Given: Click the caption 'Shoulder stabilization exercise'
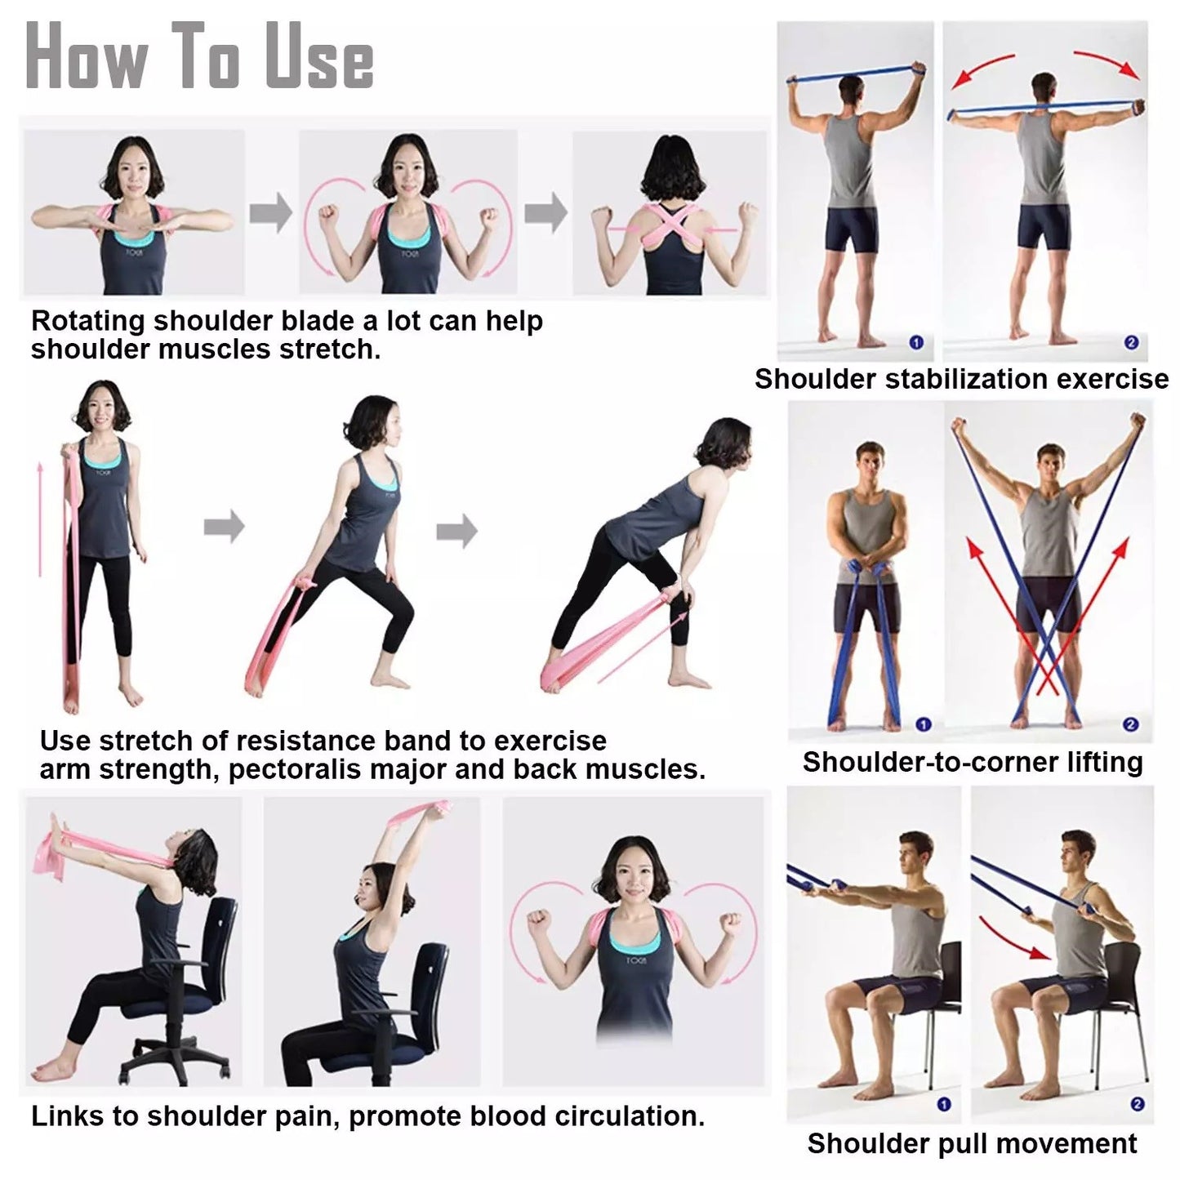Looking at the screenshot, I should pos(961,380).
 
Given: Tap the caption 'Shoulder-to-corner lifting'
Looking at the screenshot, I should pos(972,762).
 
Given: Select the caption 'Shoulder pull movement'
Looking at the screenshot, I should pos(972,1143).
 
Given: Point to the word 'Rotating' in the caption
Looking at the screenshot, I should pos(87,321).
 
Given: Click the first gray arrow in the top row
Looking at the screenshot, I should pos(270,214).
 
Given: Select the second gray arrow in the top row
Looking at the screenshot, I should pos(545,214).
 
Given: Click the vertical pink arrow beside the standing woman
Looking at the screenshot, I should pos(40,519).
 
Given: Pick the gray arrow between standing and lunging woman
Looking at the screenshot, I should pos(224,527).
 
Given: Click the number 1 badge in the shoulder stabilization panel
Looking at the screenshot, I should pos(915,342).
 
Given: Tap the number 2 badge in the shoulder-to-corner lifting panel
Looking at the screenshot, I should pos(1130,724).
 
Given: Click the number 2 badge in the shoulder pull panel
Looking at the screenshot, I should pos(1137,1104).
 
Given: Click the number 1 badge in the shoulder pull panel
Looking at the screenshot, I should pos(944,1104).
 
